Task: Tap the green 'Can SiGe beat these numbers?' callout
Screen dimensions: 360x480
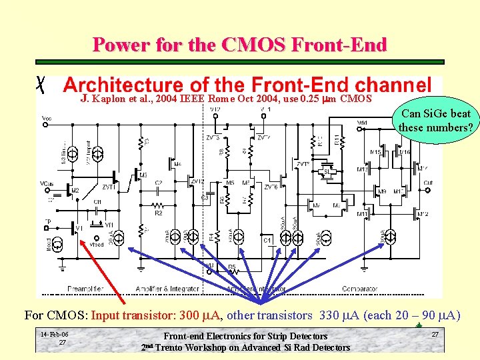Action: point(435,120)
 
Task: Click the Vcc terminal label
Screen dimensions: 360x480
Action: point(47,118)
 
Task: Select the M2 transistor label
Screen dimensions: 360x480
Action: point(74,190)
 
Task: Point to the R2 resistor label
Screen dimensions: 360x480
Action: point(159,213)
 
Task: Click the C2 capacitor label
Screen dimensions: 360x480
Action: point(159,183)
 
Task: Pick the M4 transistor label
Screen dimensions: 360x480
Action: point(177,164)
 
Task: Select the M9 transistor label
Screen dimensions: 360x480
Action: point(382,192)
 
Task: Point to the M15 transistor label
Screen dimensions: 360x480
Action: point(375,153)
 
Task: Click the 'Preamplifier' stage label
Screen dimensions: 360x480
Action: point(85,289)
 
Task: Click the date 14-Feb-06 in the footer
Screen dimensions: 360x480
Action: point(53,334)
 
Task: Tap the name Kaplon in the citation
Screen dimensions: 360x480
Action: point(109,100)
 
